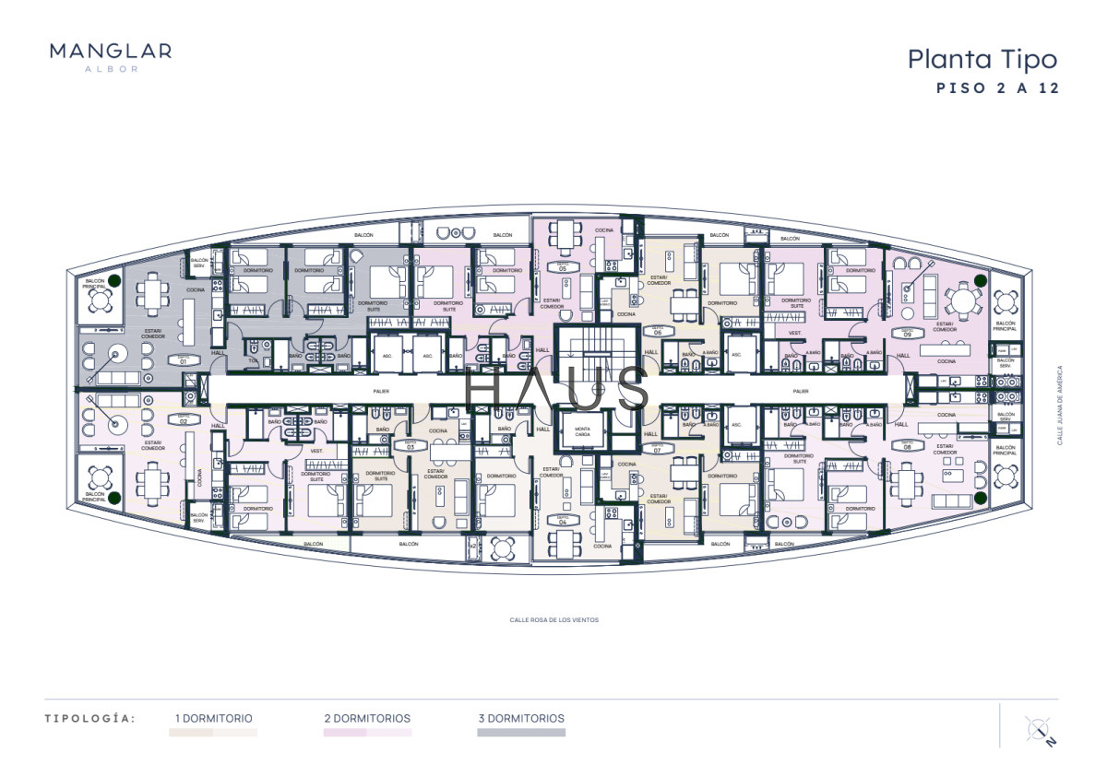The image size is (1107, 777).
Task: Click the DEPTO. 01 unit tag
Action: coord(184,361)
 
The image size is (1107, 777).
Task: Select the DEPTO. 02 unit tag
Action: coord(184,419)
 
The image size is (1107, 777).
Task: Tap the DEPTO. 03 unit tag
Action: coord(411,445)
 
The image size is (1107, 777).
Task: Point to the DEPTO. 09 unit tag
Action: coord(907,334)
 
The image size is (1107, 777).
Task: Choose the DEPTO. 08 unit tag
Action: coord(907,445)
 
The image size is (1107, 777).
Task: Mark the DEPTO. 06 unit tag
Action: coord(658,331)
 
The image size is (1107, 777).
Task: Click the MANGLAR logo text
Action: coord(110,52)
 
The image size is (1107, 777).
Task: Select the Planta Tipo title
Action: coord(982,59)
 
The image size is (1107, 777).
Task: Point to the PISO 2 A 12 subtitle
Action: coord(996,89)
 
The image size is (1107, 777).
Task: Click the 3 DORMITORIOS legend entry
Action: coord(521,719)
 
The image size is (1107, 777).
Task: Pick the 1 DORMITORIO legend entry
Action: coord(213,719)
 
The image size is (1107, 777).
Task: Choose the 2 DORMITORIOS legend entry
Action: coord(367,719)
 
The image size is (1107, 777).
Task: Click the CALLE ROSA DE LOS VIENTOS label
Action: coord(553,619)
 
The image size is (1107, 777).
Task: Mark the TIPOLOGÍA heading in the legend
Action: coord(90,719)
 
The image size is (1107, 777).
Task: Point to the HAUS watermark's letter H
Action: coord(483,389)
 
